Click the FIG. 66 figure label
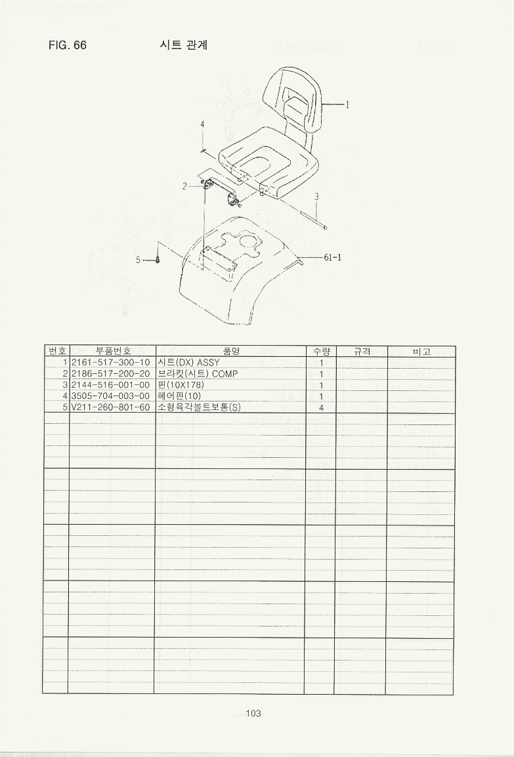(x=67, y=45)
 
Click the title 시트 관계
(x=184, y=45)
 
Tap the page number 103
(x=253, y=713)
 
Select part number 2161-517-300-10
(x=111, y=363)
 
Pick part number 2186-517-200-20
(x=111, y=374)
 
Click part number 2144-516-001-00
(x=111, y=385)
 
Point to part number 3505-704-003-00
(x=111, y=396)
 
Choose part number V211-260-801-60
(x=111, y=407)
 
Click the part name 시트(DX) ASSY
(x=188, y=363)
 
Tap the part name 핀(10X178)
(x=181, y=385)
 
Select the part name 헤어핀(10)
(x=179, y=396)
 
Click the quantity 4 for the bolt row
(x=321, y=407)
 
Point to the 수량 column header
(x=321, y=352)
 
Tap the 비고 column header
(x=421, y=352)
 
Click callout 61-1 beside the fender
(x=332, y=257)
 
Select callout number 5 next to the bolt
(x=138, y=260)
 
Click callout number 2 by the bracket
(x=184, y=186)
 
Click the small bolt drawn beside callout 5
(x=158, y=259)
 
